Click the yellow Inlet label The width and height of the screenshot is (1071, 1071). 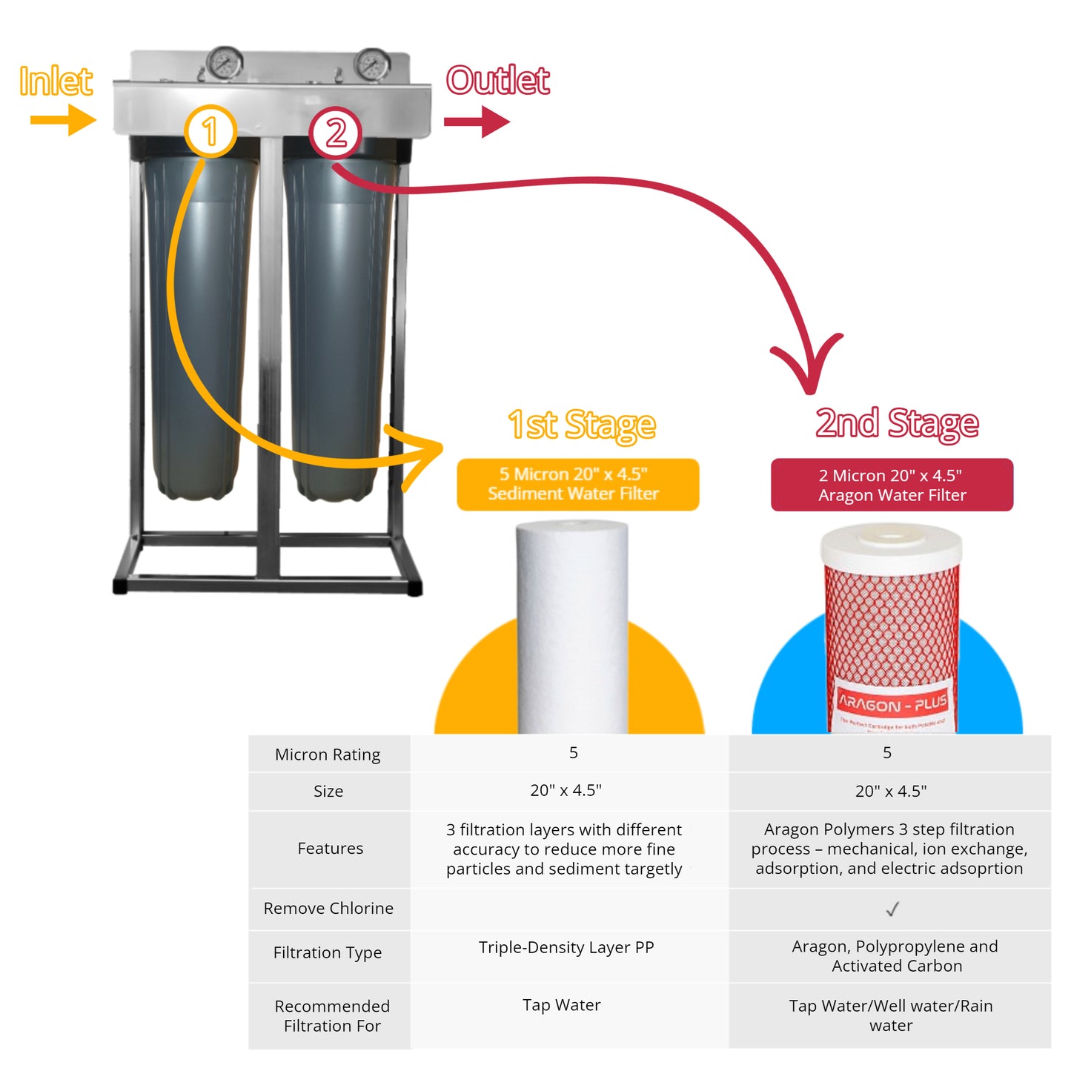tap(56, 81)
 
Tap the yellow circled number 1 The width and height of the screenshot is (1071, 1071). tap(210, 131)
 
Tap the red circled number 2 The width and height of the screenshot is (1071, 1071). tap(336, 133)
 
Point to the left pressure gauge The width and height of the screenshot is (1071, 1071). tap(224, 64)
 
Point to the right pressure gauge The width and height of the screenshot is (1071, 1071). tap(372, 64)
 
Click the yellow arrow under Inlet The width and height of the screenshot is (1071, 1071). tap(63, 120)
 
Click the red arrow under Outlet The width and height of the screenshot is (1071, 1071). tap(477, 122)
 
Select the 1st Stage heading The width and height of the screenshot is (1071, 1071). tap(582, 425)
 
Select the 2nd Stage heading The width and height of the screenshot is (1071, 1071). tap(897, 423)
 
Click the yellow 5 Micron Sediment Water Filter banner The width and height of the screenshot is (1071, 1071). tap(577, 484)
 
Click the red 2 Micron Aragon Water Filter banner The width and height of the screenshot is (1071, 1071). tap(892, 485)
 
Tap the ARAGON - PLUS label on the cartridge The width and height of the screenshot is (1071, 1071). tap(892, 701)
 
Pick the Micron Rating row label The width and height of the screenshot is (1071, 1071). tap(328, 755)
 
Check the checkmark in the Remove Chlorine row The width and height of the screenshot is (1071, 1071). tap(892, 909)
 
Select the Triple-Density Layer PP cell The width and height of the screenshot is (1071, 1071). tap(566, 947)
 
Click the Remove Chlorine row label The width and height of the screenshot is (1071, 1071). tap(328, 908)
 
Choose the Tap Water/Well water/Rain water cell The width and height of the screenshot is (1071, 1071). tap(890, 1015)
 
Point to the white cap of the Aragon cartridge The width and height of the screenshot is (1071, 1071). tap(892, 543)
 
